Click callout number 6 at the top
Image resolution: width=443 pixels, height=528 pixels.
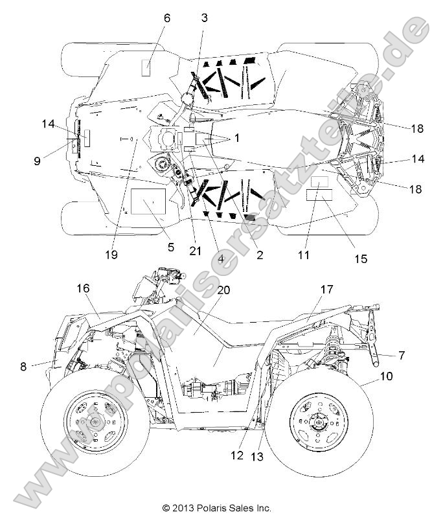point(166,18)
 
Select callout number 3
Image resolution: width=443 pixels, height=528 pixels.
point(205,18)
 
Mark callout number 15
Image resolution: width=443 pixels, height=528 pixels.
point(360,259)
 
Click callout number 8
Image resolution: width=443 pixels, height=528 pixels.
point(23,366)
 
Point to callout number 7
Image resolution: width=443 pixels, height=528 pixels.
point(402,355)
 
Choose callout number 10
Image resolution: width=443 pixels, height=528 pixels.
point(386,376)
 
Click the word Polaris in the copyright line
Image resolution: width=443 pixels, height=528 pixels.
point(207,509)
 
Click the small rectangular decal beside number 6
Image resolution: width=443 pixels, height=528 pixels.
point(146,66)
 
